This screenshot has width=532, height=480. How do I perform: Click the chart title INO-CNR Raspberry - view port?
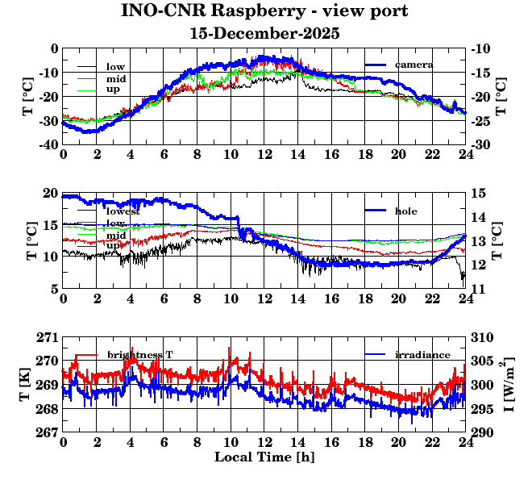(x=264, y=11)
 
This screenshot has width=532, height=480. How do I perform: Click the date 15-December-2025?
(x=264, y=34)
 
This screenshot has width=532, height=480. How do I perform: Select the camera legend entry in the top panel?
(x=414, y=65)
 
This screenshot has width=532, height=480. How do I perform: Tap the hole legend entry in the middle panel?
(x=405, y=211)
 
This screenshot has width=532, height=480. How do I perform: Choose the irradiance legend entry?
(x=422, y=355)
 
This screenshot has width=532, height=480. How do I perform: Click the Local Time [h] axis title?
(x=264, y=457)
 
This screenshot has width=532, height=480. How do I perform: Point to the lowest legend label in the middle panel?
(x=123, y=211)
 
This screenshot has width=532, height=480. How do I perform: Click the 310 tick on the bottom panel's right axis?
(x=481, y=336)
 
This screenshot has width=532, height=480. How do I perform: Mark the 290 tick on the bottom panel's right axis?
(x=481, y=433)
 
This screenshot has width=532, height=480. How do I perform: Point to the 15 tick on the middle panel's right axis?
(x=477, y=193)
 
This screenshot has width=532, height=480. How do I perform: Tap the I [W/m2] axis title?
(x=509, y=385)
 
